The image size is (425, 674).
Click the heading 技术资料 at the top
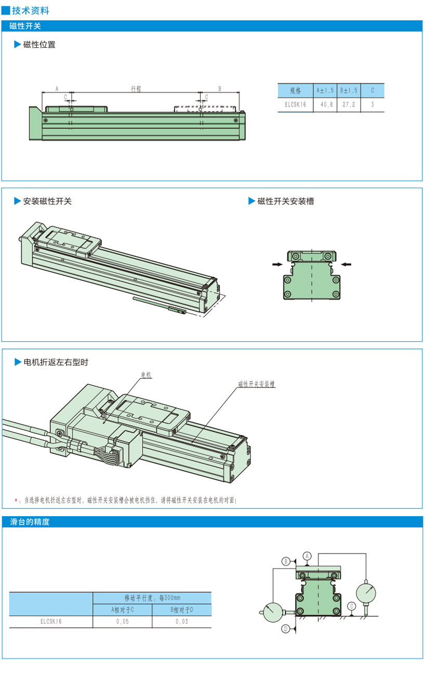[31, 10]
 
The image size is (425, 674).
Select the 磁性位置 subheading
[39, 45]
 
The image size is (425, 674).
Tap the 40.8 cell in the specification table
[326, 104]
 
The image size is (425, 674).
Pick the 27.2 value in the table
[349, 104]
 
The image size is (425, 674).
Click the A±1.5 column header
[325, 90]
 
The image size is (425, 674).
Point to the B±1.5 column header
[349, 90]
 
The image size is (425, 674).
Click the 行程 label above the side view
[136, 89]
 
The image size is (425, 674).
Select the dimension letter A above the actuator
[57, 89]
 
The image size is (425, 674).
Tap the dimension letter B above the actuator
[220, 89]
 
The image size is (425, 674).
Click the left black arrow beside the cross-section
[277, 264]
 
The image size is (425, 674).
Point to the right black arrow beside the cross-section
[346, 264]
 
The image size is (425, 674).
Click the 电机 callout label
[147, 374]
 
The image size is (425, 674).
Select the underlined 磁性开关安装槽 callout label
[257, 384]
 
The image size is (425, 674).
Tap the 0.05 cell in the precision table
[123, 622]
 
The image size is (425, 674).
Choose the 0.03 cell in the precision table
[182, 622]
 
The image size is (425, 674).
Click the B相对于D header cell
[182, 610]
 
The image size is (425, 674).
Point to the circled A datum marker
[307, 556]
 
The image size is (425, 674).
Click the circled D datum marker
[286, 629]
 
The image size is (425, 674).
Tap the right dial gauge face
[366, 594]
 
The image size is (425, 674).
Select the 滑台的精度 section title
[30, 522]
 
